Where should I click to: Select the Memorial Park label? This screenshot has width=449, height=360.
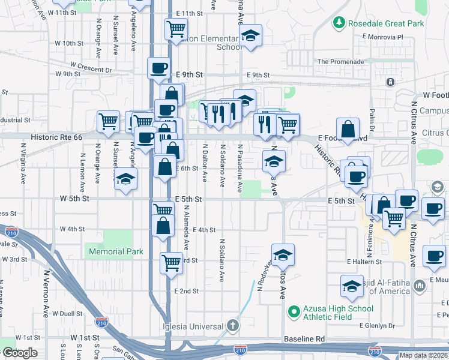pyautogui.click(x=116, y=251)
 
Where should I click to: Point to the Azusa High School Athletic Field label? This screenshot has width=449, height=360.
pyautogui.click(x=338, y=313)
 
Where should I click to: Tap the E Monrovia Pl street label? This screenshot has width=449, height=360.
pyautogui.click(x=384, y=37)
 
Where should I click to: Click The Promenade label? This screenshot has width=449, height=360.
pyautogui.click(x=341, y=61)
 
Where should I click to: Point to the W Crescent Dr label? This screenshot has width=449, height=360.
pyautogui.click(x=91, y=66)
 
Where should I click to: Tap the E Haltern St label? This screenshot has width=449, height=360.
pyautogui.click(x=364, y=262)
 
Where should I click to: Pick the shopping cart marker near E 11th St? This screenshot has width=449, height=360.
pyautogui.click(x=176, y=28)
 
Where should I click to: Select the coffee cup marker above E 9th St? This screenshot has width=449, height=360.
pyautogui.click(x=158, y=68)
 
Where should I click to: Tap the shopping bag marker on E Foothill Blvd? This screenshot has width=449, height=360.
pyautogui.click(x=348, y=128)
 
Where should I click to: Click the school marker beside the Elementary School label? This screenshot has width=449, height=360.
pyautogui.click(x=250, y=35)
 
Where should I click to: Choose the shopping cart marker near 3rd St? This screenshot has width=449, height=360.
pyautogui.click(x=171, y=262)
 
